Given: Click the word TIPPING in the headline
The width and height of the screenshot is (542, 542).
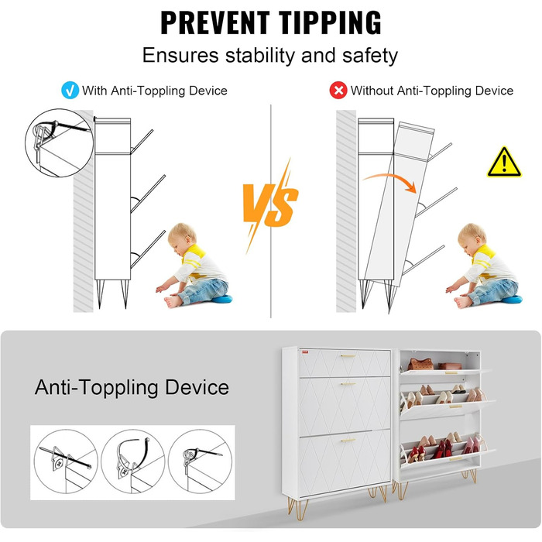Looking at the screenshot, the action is tap(329, 22).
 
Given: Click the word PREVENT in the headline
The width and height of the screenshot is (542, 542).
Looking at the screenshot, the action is tap(215, 22).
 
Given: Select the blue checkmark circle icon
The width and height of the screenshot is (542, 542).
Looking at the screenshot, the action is tap(70, 91).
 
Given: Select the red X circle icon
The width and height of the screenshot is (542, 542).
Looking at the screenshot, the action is tap(338, 91).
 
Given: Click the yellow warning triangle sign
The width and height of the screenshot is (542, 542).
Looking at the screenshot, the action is tap(504, 162).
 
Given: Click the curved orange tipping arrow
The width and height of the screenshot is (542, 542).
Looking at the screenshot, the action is tap(390, 180).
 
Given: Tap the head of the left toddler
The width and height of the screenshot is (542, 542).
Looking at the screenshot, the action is tap(182, 238).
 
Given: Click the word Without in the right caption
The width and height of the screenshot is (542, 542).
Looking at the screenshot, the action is tap(372, 91).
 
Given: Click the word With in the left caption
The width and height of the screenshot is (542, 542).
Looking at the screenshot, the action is tap(94, 91).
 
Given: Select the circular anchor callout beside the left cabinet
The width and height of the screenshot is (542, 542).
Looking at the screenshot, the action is tap(59, 142).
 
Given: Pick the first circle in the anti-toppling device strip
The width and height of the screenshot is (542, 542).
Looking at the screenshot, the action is tap(66, 461).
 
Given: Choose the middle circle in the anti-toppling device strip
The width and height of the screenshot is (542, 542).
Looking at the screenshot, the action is tap(132, 461).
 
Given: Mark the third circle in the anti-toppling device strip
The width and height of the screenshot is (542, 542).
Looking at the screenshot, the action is tap(200, 461).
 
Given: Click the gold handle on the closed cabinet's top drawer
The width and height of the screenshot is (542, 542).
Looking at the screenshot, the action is tap(348, 355).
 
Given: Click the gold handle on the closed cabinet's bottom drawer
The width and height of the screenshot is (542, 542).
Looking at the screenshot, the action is tap(348, 441).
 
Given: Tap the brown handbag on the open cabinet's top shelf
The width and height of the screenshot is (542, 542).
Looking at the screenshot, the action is tap(420, 364).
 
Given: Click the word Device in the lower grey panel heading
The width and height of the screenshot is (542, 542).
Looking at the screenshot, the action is tap(197, 387).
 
